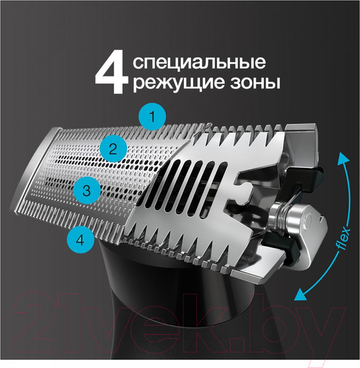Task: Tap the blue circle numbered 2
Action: [112, 148]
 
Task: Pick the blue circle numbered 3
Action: [86, 191]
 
